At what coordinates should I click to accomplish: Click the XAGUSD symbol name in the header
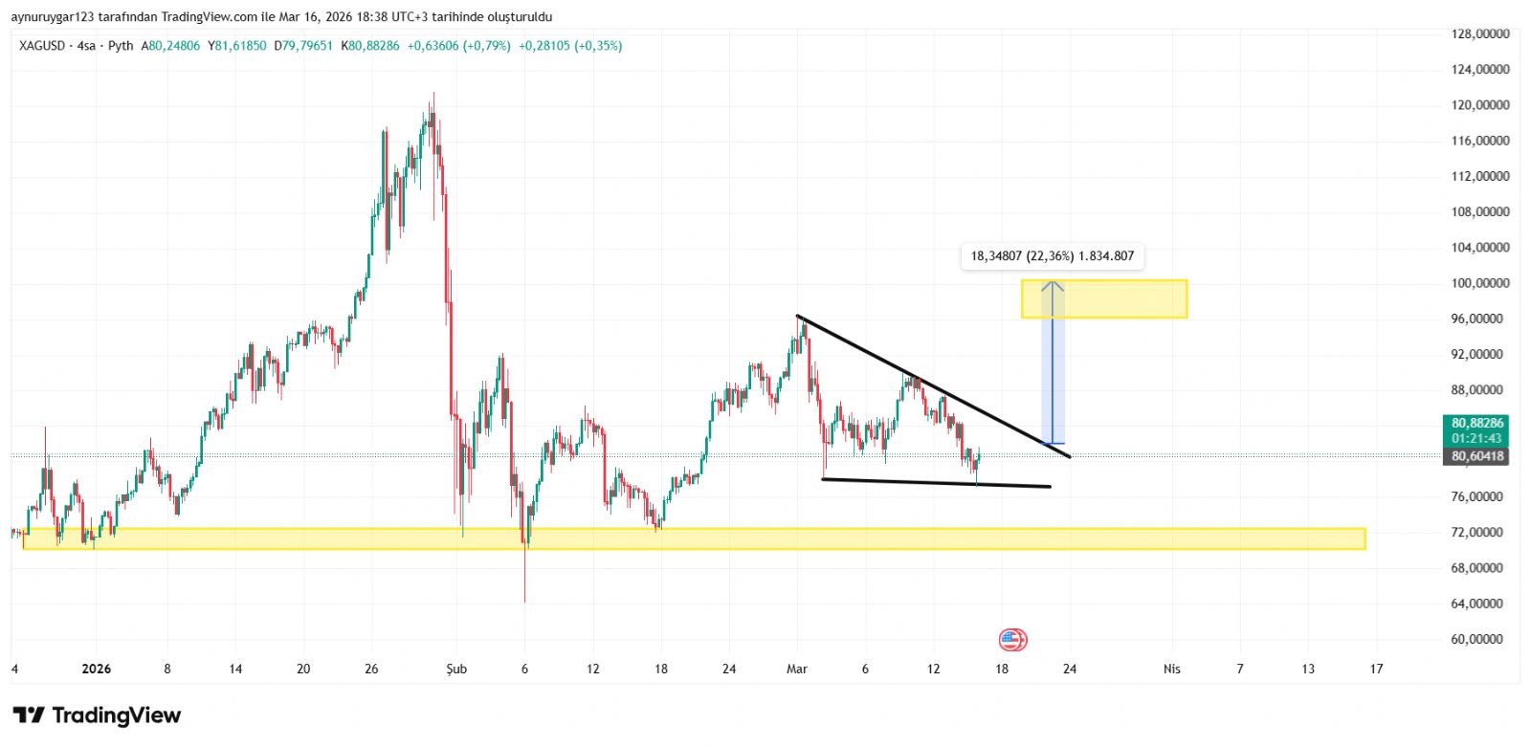pyautogui.click(x=42, y=46)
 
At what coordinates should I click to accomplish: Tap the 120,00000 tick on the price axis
pyautogui.click(x=1479, y=105)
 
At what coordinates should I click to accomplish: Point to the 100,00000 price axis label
pyautogui.click(x=1479, y=283)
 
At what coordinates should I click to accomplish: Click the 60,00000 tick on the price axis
pyautogui.click(x=1479, y=639)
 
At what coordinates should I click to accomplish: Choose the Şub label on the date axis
pyautogui.click(x=456, y=669)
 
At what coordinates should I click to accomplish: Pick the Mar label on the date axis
pyautogui.click(x=796, y=669)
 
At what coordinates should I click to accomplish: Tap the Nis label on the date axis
pyautogui.click(x=1171, y=669)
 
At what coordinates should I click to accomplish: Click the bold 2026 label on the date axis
pyautogui.click(x=96, y=669)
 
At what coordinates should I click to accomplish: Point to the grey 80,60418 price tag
pyautogui.click(x=1476, y=456)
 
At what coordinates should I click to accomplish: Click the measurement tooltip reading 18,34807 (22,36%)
pyautogui.click(x=1052, y=256)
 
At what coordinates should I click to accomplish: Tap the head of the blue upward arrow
pyautogui.click(x=1053, y=284)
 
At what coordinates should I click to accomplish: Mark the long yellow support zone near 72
pyautogui.click(x=694, y=538)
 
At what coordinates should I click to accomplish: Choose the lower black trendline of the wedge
pyautogui.click(x=936, y=483)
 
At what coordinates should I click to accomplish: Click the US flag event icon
pyautogui.click(x=1012, y=640)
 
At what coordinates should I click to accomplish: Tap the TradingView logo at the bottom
pyautogui.click(x=97, y=715)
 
